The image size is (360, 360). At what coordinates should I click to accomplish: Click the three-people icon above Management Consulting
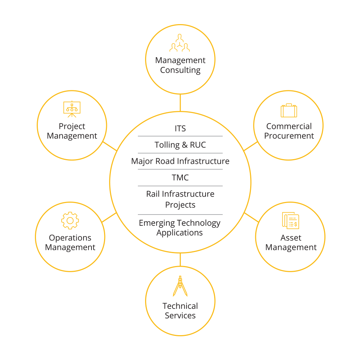(180, 43)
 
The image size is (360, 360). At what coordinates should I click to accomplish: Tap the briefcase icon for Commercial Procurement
(289, 111)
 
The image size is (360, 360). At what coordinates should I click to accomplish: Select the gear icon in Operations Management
(70, 221)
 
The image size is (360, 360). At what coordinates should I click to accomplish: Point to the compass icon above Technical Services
(180, 286)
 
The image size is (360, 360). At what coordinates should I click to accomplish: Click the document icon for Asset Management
(291, 220)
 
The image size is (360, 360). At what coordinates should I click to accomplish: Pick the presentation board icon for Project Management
(72, 109)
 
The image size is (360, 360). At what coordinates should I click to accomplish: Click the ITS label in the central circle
(180, 129)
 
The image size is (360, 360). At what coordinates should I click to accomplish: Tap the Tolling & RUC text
(180, 145)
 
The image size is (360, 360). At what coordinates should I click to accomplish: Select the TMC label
(180, 177)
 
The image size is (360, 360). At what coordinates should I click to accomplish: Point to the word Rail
(153, 194)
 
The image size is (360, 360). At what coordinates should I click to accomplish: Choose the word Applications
(180, 233)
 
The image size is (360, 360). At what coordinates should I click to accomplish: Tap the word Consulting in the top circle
(180, 70)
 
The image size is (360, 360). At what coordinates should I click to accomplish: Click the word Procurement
(289, 136)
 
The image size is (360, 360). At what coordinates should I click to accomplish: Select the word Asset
(291, 238)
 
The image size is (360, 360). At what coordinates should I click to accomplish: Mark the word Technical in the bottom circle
(180, 306)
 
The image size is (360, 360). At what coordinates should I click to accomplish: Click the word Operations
(70, 238)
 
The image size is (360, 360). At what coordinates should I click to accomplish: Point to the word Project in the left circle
(72, 126)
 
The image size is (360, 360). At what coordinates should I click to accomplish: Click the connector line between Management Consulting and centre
(180, 103)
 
